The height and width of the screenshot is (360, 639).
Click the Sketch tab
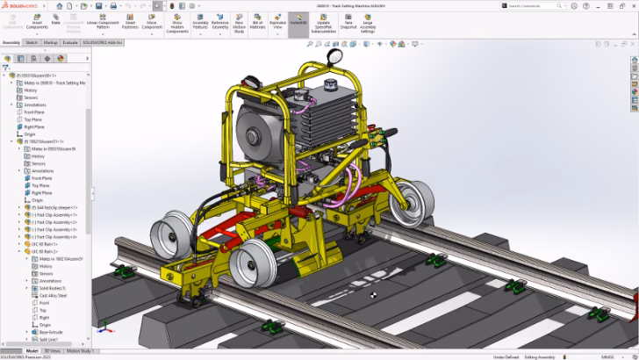32,41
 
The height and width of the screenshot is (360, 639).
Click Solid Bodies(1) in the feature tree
52,288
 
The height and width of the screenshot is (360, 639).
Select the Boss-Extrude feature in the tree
51,331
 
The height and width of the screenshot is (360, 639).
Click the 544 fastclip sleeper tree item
56,207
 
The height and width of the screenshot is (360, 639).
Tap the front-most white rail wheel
250,262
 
